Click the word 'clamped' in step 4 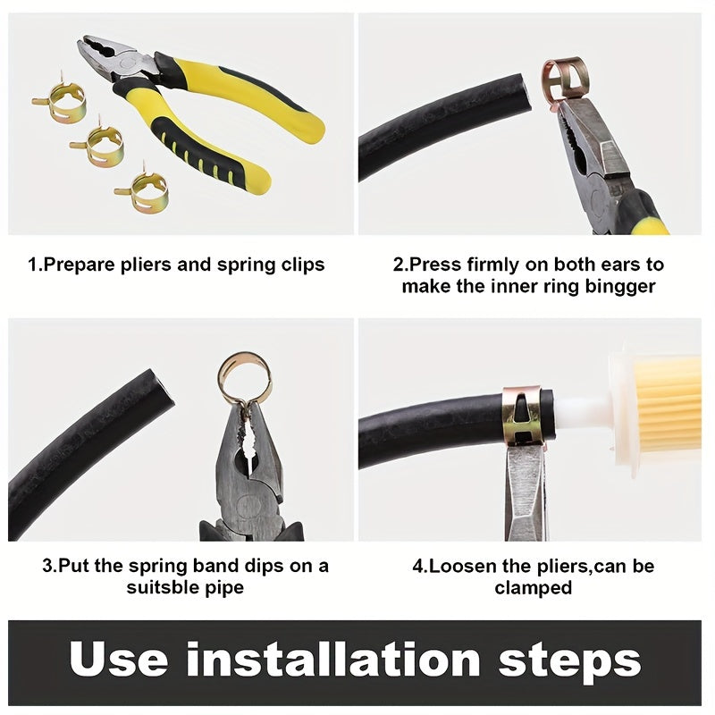tap(534, 587)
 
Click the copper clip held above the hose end tap(567, 78)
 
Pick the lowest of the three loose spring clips tap(142, 189)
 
